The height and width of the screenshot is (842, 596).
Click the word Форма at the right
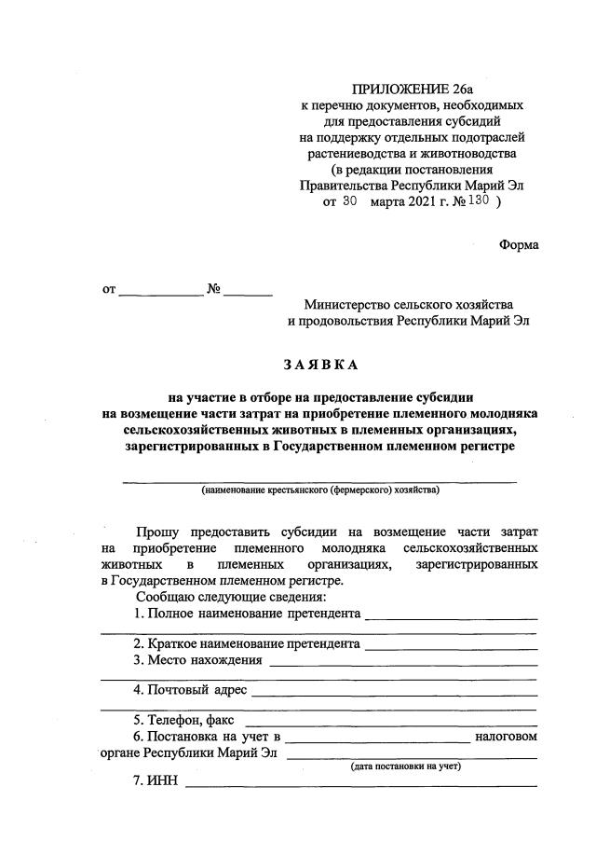(x=519, y=244)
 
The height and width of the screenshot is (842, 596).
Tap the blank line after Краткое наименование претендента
(x=451, y=646)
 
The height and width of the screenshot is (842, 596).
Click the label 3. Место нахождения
(x=196, y=661)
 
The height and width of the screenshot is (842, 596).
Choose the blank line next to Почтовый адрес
(x=394, y=694)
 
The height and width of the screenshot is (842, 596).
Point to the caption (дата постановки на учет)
(x=405, y=766)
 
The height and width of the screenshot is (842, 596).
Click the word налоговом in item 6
(x=506, y=737)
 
